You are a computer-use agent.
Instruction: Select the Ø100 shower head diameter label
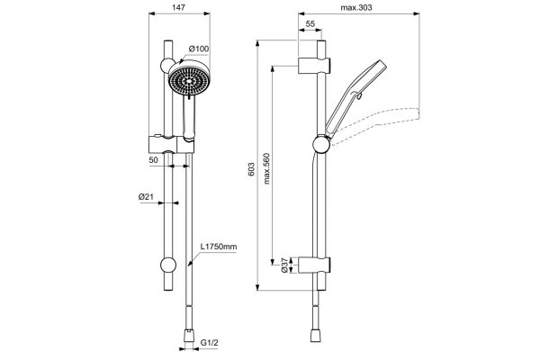(199, 49)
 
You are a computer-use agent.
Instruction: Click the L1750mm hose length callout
(220, 246)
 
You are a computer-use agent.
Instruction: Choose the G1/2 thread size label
(211, 342)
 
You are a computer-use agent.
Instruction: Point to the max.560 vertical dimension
(267, 166)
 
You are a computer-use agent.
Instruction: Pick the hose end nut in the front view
(189, 333)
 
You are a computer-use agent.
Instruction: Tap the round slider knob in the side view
(319, 144)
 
